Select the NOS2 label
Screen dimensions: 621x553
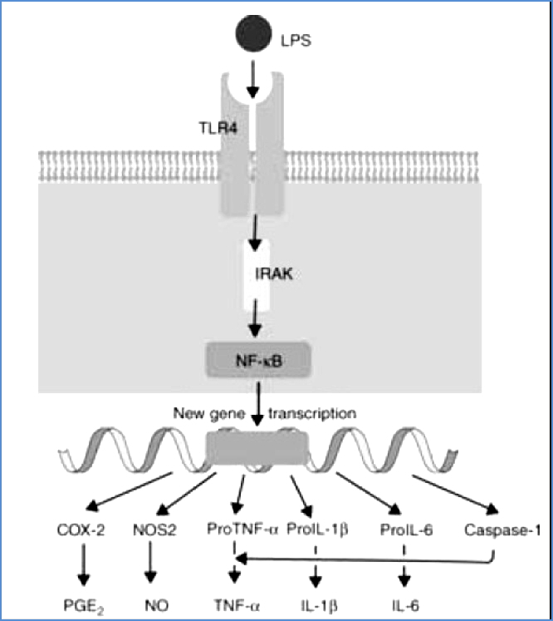click(x=150, y=529)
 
